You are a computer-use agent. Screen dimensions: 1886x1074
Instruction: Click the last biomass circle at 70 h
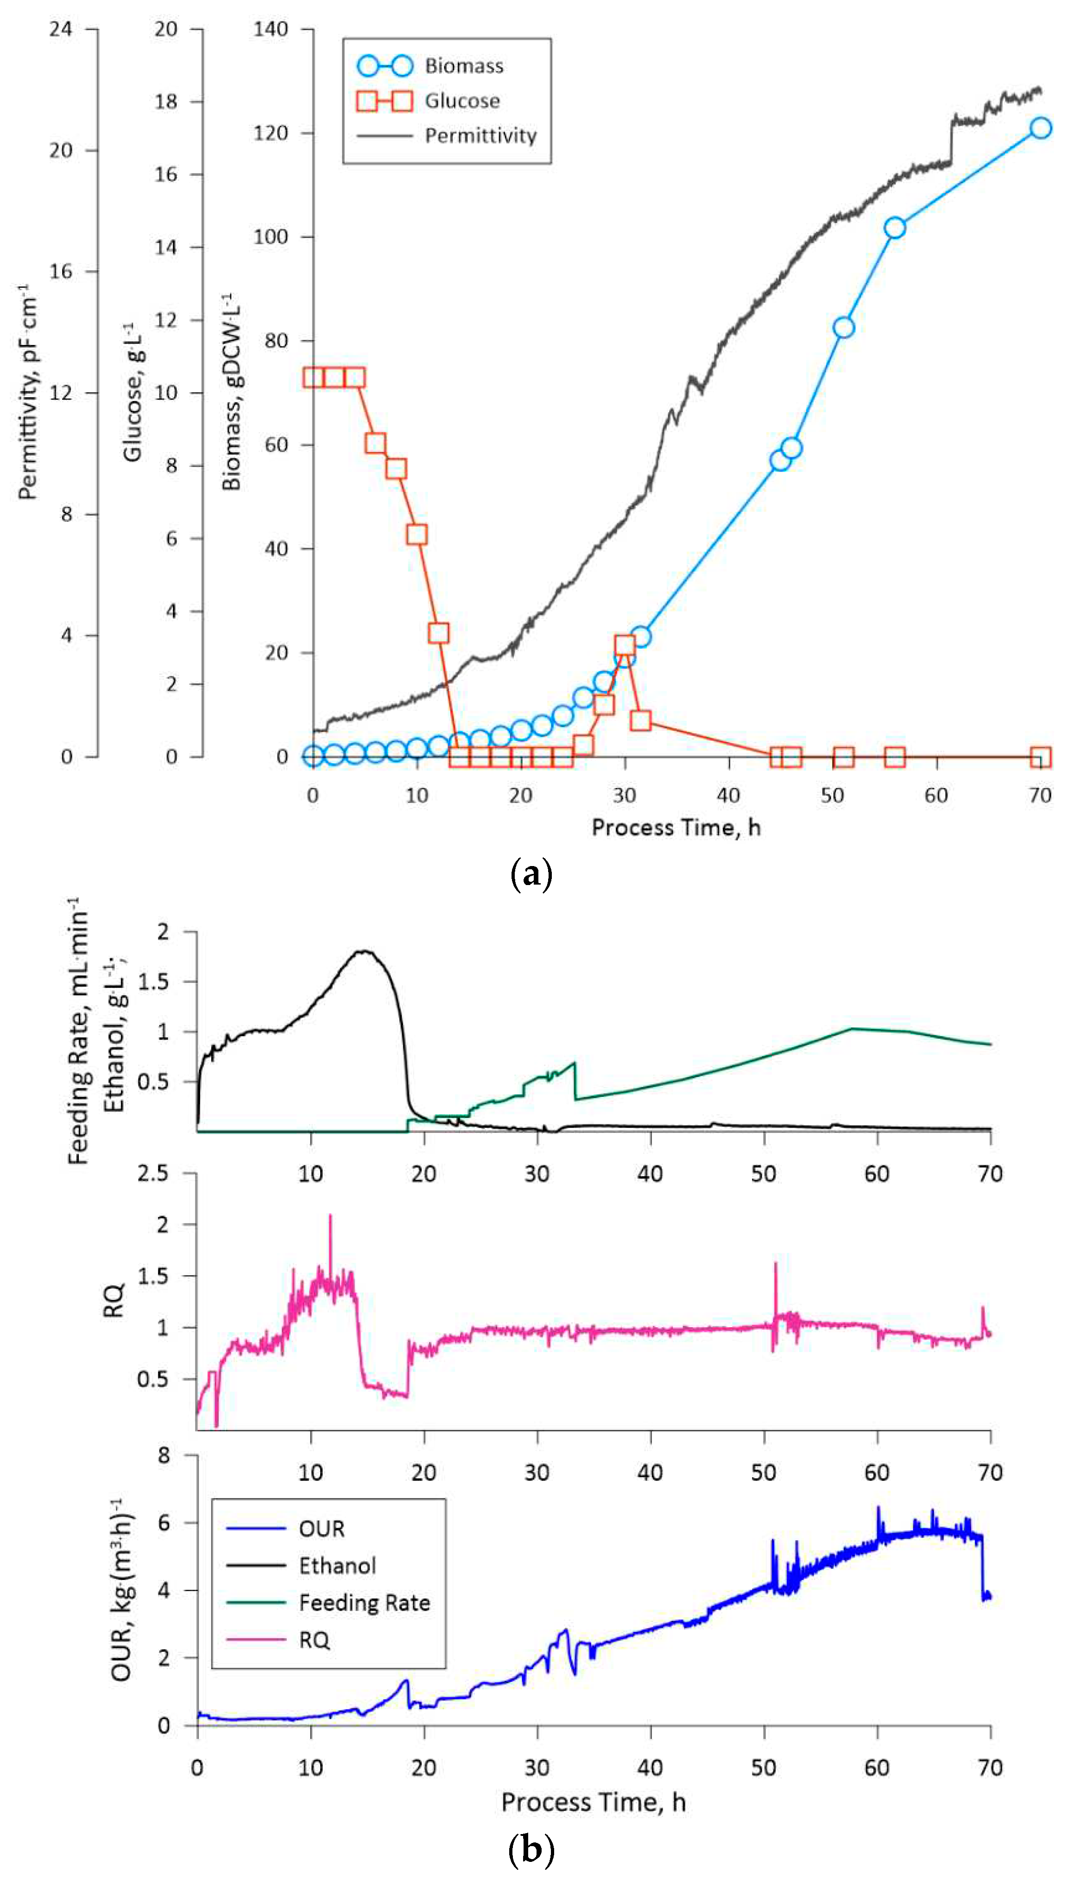pyautogui.click(x=1040, y=127)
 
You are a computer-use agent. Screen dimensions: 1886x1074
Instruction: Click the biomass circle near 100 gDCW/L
pyautogui.click(x=894, y=228)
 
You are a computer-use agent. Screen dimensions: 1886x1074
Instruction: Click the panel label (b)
pyautogui.click(x=531, y=1848)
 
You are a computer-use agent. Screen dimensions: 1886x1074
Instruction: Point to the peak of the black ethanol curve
pyautogui.click(x=364, y=951)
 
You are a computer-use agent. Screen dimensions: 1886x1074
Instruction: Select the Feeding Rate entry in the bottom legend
pyautogui.click(x=364, y=1603)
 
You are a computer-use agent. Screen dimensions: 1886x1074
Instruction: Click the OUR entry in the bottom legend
pyautogui.click(x=321, y=1529)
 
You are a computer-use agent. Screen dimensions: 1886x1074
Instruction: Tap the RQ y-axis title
pyautogui.click(x=114, y=1300)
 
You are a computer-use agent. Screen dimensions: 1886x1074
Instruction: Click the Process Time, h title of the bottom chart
pyautogui.click(x=593, y=1802)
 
